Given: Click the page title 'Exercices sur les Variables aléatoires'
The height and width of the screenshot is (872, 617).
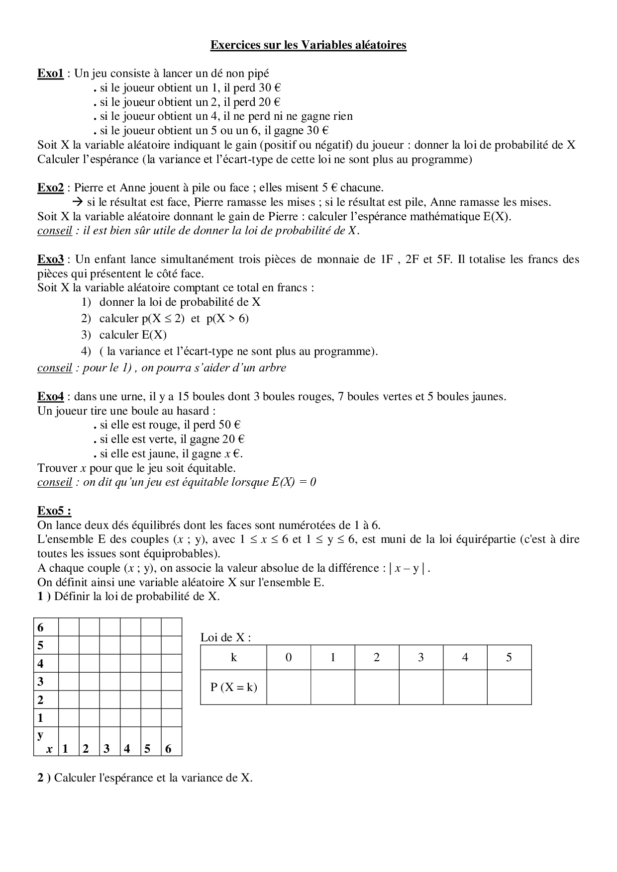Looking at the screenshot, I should click(308, 45).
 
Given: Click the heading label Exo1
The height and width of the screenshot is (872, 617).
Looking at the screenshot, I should click(50, 74).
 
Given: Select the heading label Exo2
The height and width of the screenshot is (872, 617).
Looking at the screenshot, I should click(50, 188).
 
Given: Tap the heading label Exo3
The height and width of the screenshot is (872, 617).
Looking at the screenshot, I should click(50, 259).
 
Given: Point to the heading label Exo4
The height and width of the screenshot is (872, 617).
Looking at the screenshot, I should click(50, 397).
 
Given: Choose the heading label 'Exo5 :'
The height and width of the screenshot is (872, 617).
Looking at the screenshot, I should click(54, 511).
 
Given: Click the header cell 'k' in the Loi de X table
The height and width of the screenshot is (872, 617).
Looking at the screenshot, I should click(233, 657).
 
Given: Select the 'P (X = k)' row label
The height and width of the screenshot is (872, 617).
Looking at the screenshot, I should click(233, 687).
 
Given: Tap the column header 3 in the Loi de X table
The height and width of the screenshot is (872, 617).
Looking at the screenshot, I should click(420, 657).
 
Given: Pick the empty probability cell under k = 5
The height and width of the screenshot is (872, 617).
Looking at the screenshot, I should click(509, 687).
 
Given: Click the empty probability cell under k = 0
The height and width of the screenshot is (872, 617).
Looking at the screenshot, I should click(289, 687).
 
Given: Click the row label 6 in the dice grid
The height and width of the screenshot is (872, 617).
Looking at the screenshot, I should click(41, 627).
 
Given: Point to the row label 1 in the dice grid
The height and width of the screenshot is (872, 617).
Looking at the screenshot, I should click(41, 718).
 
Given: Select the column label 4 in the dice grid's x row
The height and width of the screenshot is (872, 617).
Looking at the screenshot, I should click(127, 749).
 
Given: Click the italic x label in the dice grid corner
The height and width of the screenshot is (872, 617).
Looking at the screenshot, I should click(49, 749).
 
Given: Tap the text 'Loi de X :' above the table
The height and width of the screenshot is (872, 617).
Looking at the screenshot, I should click(225, 637).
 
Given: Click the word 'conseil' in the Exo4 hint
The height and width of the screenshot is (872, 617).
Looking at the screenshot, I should click(55, 482).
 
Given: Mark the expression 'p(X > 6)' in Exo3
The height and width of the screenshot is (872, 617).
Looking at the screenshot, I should click(227, 319).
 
